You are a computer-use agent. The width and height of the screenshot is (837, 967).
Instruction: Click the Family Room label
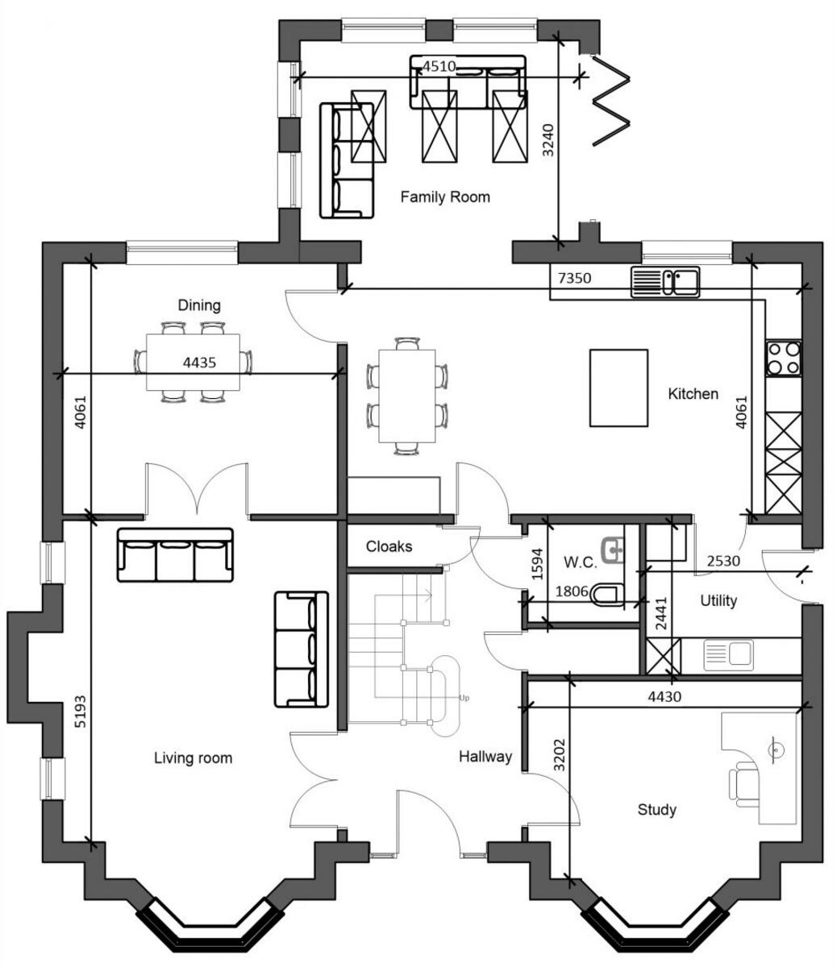445,197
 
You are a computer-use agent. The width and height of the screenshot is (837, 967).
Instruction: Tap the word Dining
199,305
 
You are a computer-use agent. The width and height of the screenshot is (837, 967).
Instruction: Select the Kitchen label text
693,394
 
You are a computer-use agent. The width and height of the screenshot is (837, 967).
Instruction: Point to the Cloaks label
389,546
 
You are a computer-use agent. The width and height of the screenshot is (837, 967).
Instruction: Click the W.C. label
581,561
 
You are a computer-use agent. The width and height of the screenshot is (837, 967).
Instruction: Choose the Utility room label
718,600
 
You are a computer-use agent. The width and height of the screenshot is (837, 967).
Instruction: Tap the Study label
656,810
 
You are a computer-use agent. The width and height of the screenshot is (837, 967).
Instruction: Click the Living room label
193,758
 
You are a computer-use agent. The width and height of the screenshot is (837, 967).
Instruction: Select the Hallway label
485,757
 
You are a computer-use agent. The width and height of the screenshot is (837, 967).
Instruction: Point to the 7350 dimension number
574,279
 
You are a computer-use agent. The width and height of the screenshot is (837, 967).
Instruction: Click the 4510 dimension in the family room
439,67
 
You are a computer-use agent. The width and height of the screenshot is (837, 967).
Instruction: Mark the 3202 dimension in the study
559,757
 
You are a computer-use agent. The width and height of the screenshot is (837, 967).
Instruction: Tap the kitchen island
618,388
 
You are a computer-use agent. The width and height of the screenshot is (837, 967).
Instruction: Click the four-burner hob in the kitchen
783,359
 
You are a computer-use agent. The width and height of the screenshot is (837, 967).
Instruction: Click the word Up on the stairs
464,698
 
